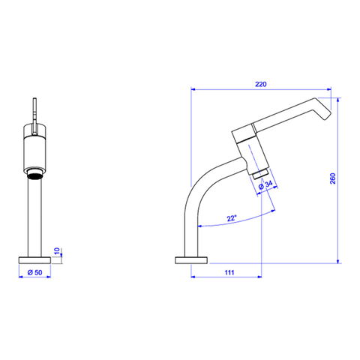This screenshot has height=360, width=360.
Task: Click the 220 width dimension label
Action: (261, 84)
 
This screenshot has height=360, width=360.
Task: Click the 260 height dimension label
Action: (332, 178)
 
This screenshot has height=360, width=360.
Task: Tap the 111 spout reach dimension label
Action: (229, 272)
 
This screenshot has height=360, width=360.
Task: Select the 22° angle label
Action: (231, 218)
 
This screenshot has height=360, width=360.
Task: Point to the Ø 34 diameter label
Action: (265, 185)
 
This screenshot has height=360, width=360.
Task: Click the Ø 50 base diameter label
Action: (34, 272)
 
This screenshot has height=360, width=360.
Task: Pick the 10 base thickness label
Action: (57, 251)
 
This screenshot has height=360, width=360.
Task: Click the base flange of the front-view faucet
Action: (34, 260)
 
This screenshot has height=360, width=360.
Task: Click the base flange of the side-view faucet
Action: (191, 260)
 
